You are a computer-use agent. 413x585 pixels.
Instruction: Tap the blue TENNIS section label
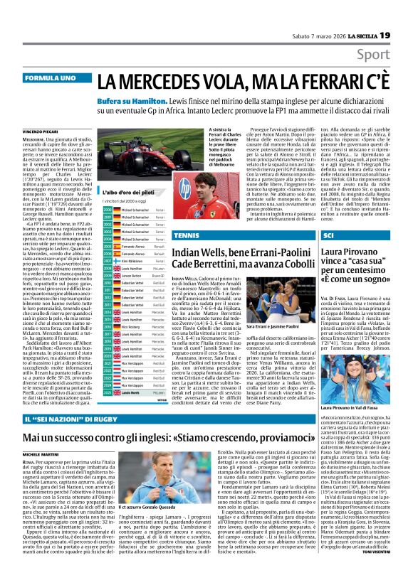click(186, 235)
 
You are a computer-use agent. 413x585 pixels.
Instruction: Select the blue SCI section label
click(329, 234)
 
